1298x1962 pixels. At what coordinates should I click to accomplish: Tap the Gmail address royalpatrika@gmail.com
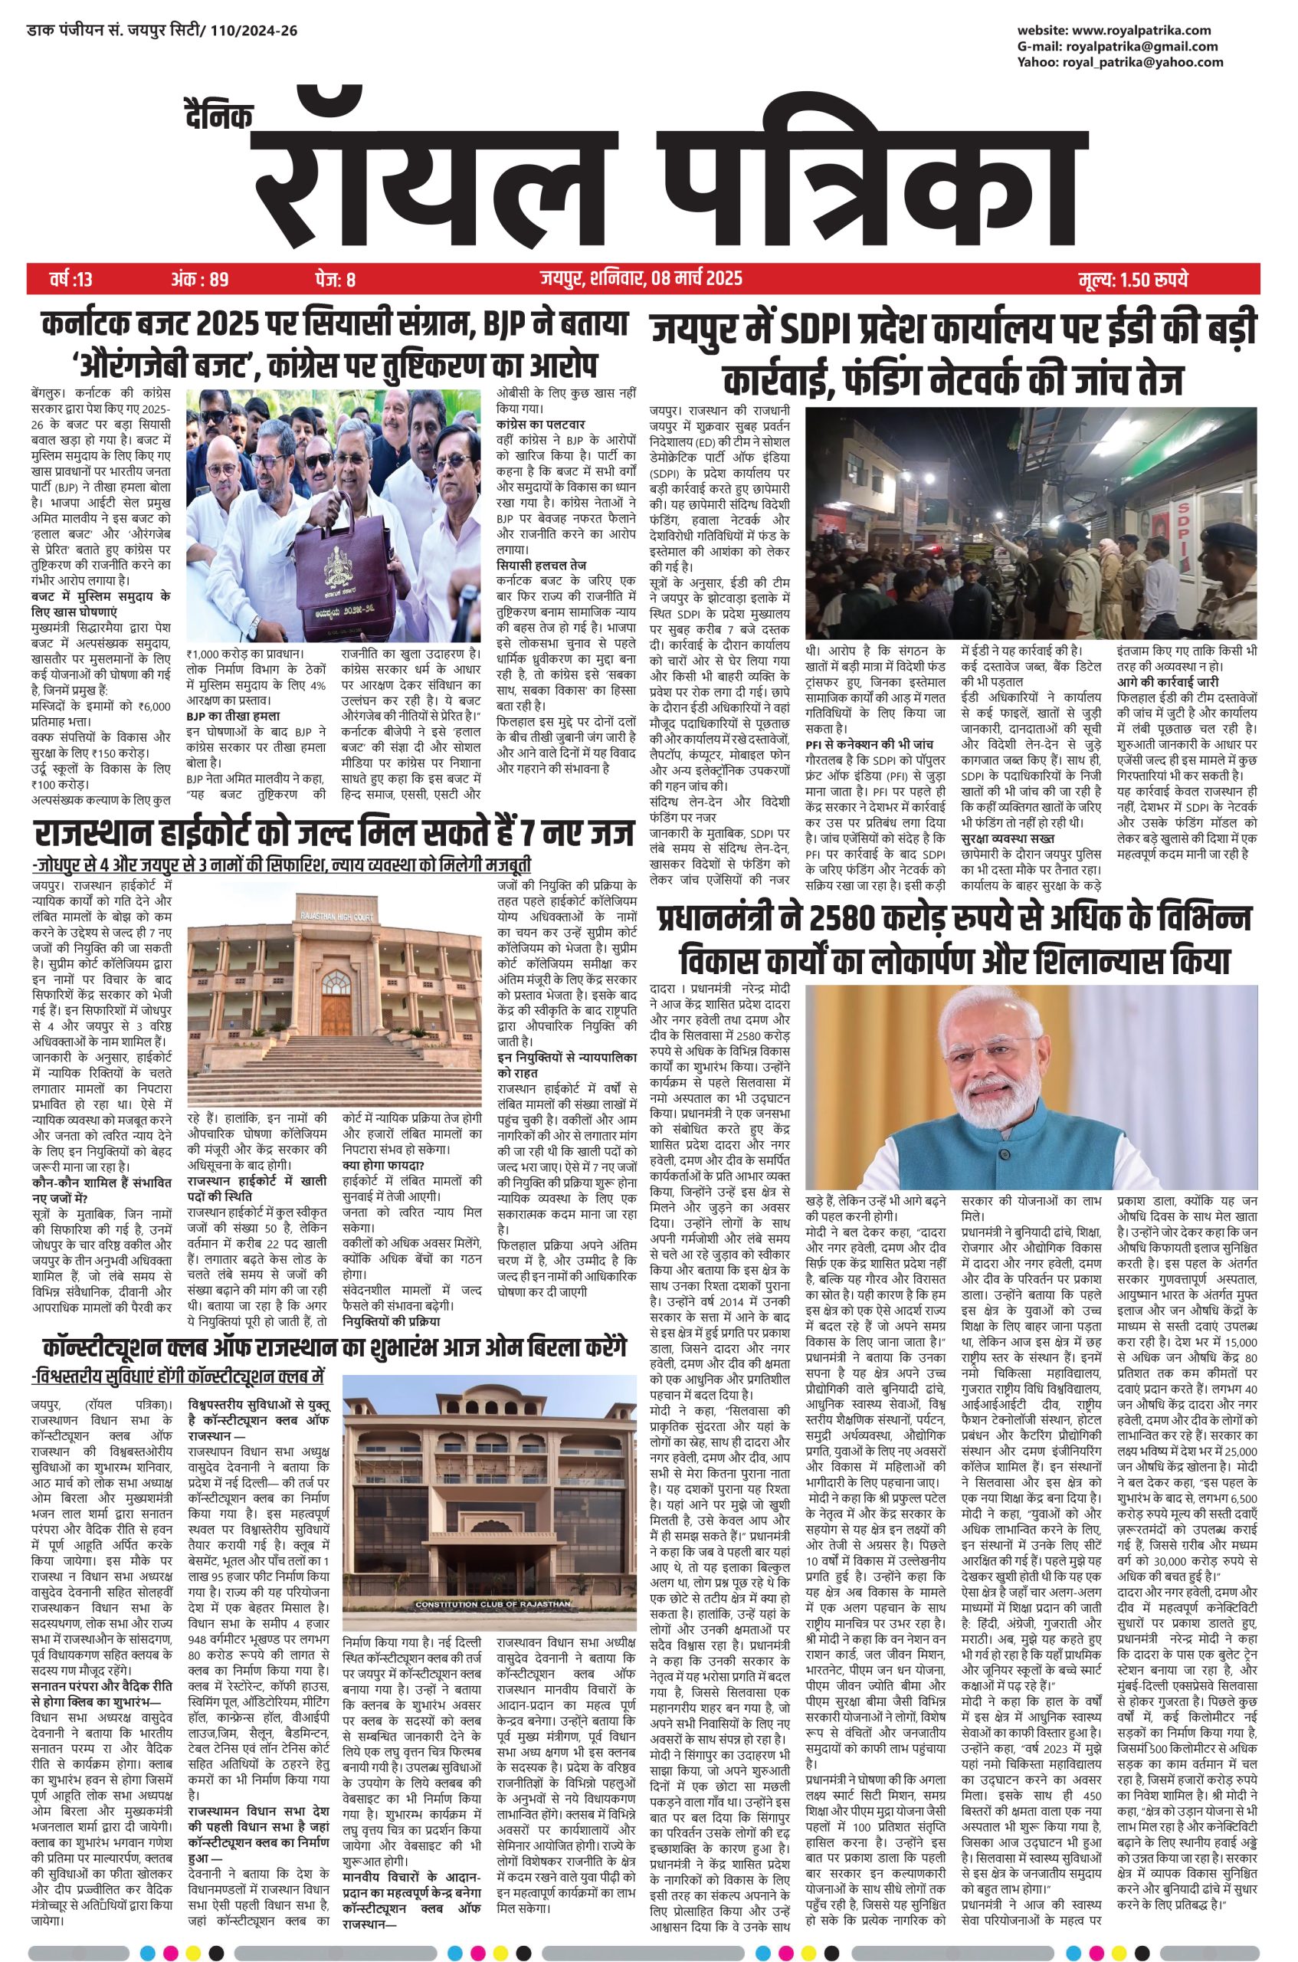(1137, 46)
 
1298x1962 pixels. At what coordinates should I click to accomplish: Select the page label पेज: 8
(336, 280)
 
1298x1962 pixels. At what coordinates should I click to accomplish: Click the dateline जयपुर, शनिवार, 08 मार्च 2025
(637, 280)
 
